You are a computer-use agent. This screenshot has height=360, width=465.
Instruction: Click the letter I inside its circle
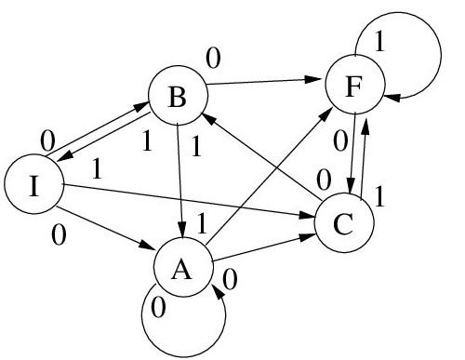click(x=33, y=185)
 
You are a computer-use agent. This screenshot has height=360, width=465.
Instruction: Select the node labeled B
click(x=178, y=96)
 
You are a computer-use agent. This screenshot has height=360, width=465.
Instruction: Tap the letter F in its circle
click(x=353, y=87)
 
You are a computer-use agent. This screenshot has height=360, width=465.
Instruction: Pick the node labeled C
click(x=344, y=223)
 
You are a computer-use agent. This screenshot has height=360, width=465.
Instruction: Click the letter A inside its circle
click(x=181, y=269)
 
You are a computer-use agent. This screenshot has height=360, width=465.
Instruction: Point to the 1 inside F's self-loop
click(x=379, y=41)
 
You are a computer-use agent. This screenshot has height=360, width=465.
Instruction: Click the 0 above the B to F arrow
click(x=214, y=59)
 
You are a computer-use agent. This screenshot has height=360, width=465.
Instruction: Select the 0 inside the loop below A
click(x=158, y=307)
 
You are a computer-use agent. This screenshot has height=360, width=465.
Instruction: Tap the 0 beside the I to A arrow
click(x=59, y=234)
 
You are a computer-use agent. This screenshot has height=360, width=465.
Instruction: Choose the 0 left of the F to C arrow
click(x=340, y=140)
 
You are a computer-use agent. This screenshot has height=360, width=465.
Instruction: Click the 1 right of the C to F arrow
click(x=379, y=196)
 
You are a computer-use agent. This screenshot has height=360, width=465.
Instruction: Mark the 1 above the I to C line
click(x=97, y=169)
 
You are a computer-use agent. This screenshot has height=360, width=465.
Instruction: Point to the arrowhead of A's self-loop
click(x=218, y=291)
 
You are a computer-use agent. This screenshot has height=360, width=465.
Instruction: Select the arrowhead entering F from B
click(x=312, y=79)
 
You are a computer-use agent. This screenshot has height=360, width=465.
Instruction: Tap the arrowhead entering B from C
click(x=209, y=119)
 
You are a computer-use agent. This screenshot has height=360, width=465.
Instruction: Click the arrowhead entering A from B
click(x=183, y=231)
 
